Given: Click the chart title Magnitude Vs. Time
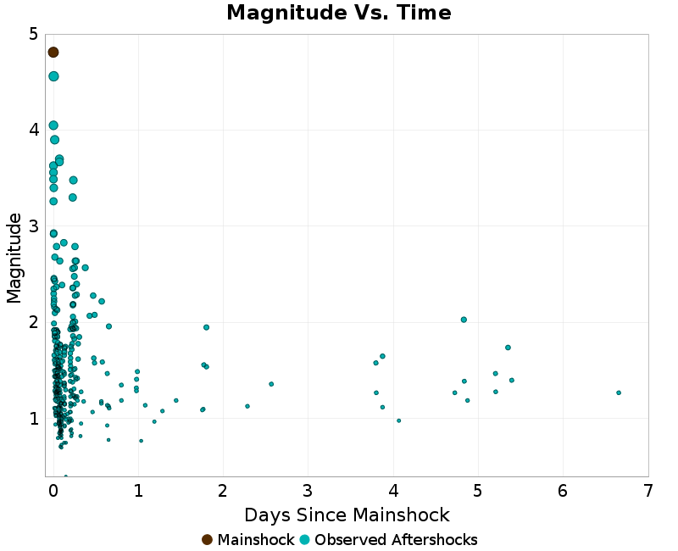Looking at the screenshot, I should pyautogui.click(x=339, y=13).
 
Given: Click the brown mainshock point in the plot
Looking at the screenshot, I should pyautogui.click(x=53, y=53).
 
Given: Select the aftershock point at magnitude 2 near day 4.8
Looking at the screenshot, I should pyautogui.click(x=464, y=320).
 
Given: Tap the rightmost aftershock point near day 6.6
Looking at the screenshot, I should pyautogui.click(x=619, y=392).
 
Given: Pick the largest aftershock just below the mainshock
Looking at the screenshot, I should pyautogui.click(x=53, y=76).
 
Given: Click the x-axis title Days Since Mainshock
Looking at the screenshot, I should pyautogui.click(x=347, y=515).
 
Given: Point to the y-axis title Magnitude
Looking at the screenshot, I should pyautogui.click(x=14, y=258).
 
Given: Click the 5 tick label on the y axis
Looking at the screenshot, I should pyautogui.click(x=32, y=34).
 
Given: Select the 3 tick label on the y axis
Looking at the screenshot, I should pyautogui.click(x=32, y=226).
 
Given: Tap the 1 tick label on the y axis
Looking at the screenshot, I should pyautogui.click(x=32, y=418).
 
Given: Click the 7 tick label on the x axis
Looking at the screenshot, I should pyautogui.click(x=647, y=492).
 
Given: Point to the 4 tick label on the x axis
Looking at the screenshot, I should pyautogui.click(x=393, y=492).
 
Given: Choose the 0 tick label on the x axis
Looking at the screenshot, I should pyautogui.click(x=53, y=492).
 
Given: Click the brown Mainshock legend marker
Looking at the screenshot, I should pyautogui.click(x=208, y=540).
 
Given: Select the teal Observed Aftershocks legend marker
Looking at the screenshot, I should pyautogui.click(x=305, y=540).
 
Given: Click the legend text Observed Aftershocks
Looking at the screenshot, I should pyautogui.click(x=396, y=540).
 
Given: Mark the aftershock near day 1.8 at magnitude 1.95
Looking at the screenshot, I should pyautogui.click(x=206, y=327).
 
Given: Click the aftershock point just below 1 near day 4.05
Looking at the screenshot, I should pyautogui.click(x=398, y=420).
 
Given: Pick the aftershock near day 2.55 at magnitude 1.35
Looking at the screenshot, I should pyautogui.click(x=271, y=384).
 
